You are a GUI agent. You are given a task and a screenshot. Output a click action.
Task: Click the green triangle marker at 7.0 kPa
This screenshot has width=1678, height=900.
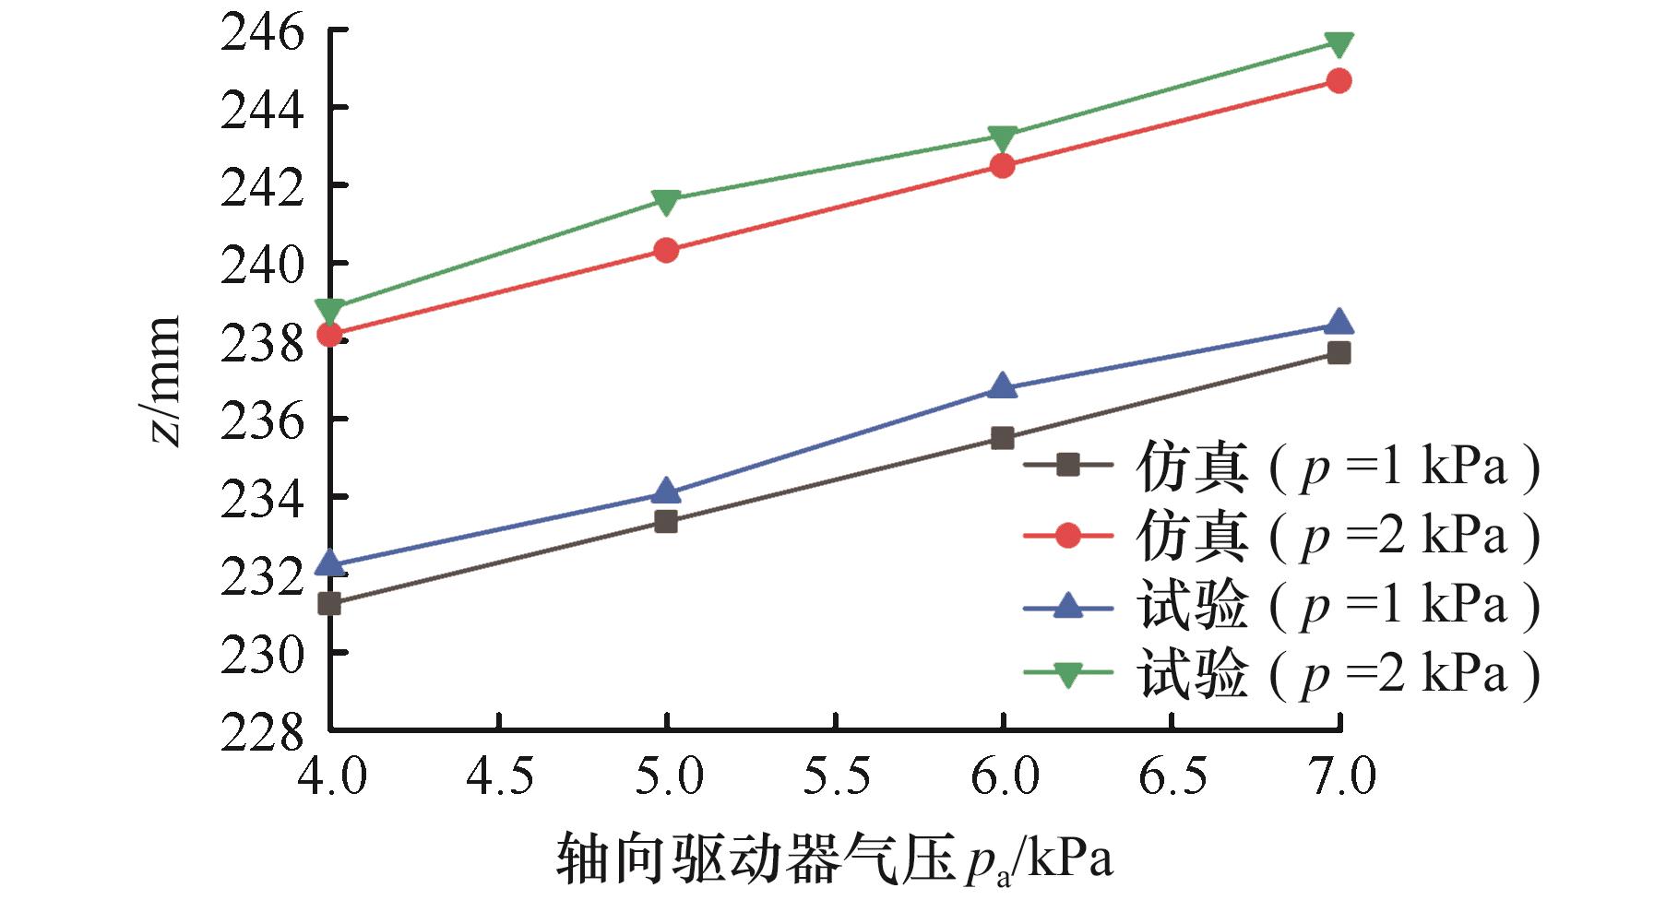click(1339, 43)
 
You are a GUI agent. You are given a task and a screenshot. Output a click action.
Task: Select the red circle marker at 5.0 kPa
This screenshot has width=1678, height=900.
click(666, 250)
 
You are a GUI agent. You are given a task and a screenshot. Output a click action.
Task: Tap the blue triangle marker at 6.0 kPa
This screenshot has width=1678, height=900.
click(1003, 386)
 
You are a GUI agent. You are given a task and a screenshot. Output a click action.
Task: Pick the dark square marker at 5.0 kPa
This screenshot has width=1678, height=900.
click(666, 522)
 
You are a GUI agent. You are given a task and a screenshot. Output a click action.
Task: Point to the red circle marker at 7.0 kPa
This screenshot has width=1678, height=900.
click(1339, 81)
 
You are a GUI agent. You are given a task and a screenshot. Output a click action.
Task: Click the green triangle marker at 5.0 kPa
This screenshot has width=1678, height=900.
click(666, 201)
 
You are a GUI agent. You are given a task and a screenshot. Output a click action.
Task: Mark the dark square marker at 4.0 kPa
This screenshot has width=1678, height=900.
click(329, 604)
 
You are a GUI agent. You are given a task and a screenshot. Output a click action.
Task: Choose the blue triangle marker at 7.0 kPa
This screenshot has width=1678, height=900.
click(1339, 323)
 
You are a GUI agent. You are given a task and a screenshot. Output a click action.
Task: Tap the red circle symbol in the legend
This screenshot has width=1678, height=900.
click(1067, 535)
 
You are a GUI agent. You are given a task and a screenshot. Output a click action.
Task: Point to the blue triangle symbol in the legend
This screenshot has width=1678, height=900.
click(1067, 604)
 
